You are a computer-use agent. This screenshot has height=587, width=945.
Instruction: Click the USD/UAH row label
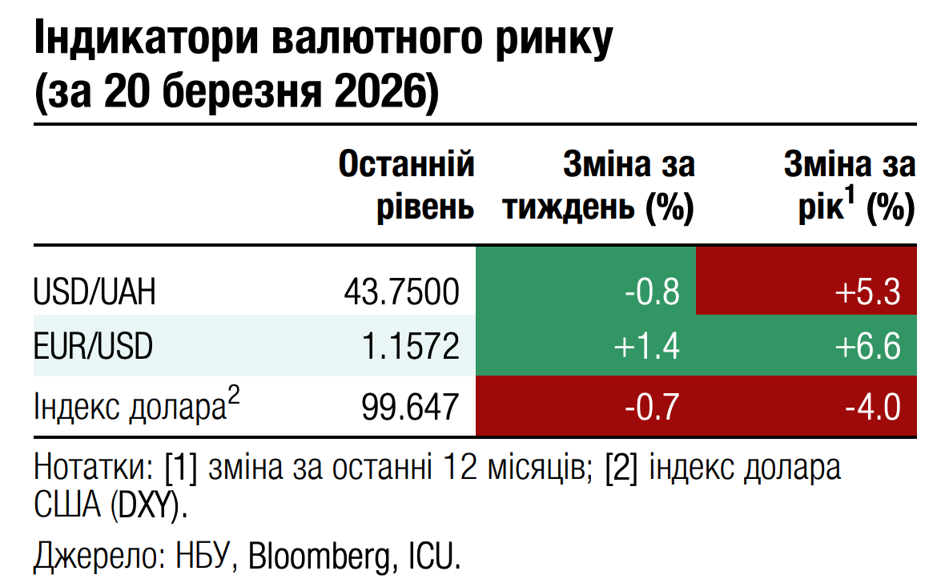tap(94, 291)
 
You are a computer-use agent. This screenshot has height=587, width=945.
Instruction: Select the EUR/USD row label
tap(93, 347)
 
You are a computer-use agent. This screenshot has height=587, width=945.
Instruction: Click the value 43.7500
tap(401, 291)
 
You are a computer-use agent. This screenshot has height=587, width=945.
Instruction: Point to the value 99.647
tap(410, 407)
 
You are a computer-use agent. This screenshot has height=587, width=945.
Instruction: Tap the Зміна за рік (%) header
tap(849, 186)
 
